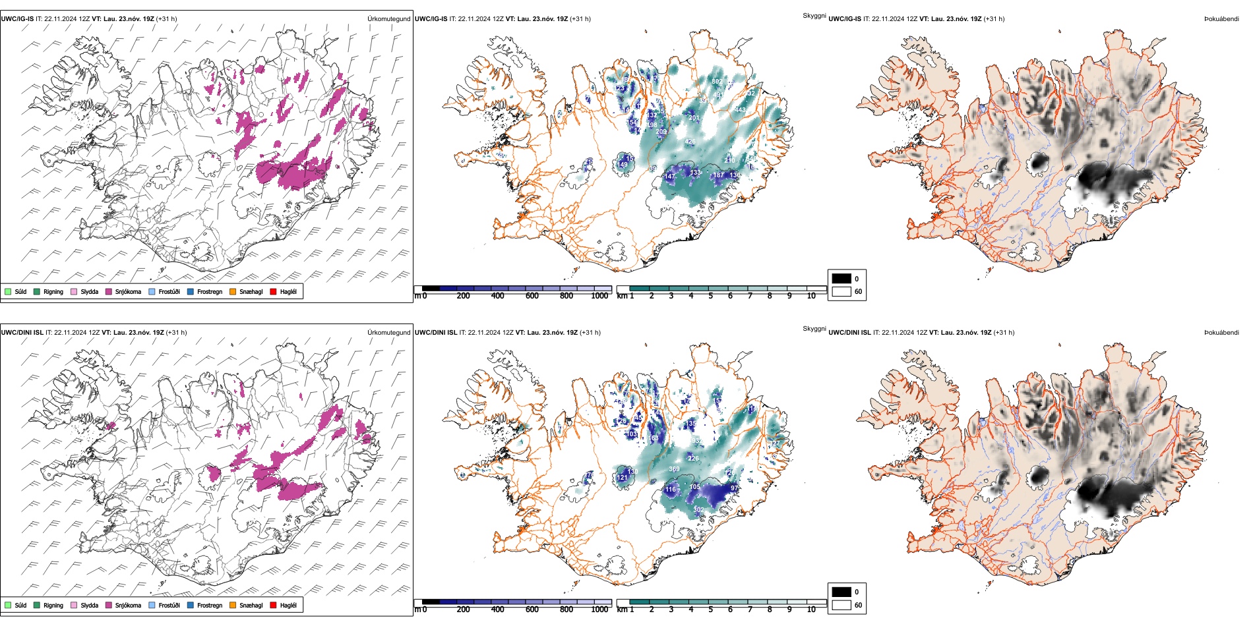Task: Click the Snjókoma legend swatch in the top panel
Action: pos(109,291)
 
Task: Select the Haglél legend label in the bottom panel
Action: pos(288,605)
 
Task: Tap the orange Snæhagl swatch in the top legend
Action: pos(233,291)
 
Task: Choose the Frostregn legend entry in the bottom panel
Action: pos(210,605)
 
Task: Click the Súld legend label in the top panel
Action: pos(20,291)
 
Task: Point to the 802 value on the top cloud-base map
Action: pos(717,82)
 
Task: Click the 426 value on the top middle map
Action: pos(690,142)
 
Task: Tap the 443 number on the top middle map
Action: pos(740,110)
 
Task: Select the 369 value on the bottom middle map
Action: pos(674,469)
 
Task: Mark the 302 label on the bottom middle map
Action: pos(698,509)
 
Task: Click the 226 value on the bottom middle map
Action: pos(693,458)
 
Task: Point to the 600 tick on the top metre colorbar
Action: pos(532,296)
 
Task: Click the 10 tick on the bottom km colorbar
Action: pos(811,610)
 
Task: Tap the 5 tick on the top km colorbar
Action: pos(711,296)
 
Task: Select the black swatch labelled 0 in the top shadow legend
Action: pos(841,279)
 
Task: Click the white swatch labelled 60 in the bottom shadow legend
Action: pos(841,605)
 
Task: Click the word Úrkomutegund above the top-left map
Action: pos(388,19)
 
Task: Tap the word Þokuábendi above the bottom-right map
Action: pos(1221,333)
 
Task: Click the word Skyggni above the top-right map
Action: pos(814,16)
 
